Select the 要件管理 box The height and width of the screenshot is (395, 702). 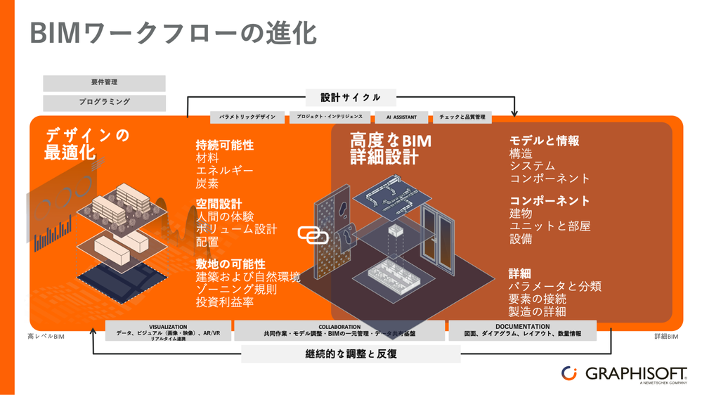pos(104,83)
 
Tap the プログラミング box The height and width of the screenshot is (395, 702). pos(104,103)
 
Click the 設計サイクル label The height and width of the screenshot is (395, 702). pos(351,98)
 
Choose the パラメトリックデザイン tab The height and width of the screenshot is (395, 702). pos(247,117)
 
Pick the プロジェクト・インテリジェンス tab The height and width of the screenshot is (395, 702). pos(330,117)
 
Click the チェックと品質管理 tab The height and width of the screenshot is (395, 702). pos(462,117)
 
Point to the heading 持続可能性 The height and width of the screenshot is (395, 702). pos(225,145)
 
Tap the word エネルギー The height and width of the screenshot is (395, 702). pos(225,171)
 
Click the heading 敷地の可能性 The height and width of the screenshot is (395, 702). pos(230,264)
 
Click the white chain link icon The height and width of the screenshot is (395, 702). pos(313,235)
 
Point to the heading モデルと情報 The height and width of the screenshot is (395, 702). pos(544,141)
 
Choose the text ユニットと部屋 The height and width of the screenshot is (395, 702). pos(550,226)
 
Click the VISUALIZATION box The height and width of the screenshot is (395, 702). pos(168,331)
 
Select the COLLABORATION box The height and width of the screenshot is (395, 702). pos(339,331)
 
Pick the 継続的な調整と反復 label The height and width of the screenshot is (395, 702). pos(351,354)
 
